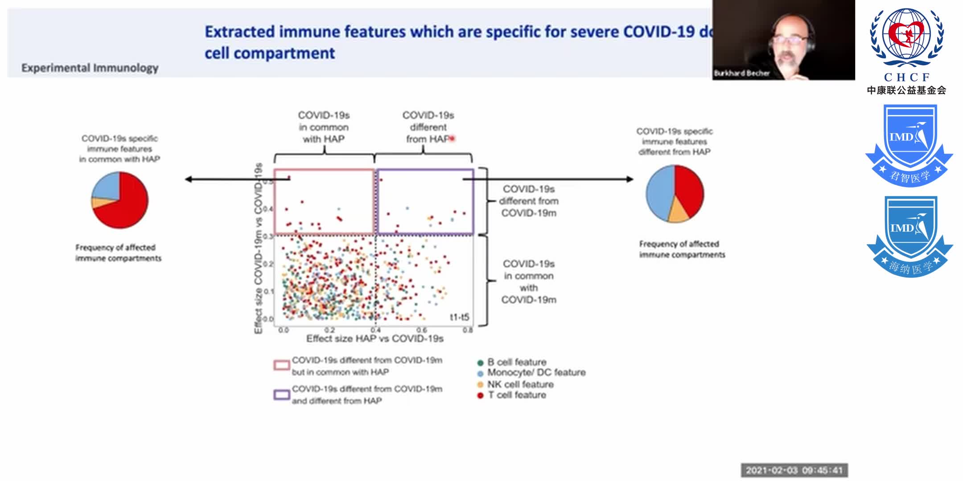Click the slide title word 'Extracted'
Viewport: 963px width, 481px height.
pyautogui.click(x=239, y=32)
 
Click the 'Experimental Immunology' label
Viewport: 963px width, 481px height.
pyautogui.click(x=90, y=68)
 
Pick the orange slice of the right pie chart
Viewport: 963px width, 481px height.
pyautogui.click(x=678, y=212)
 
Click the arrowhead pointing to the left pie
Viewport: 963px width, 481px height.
pyautogui.click(x=189, y=179)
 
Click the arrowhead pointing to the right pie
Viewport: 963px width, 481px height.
pyautogui.click(x=630, y=179)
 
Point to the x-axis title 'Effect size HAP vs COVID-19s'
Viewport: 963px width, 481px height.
pyautogui.click(x=374, y=339)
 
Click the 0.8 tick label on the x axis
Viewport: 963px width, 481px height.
pyautogui.click(x=467, y=330)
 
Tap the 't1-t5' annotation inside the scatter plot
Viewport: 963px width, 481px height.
pyautogui.click(x=459, y=317)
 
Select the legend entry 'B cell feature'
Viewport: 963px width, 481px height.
pyautogui.click(x=516, y=362)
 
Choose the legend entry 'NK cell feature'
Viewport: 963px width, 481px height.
pyautogui.click(x=520, y=384)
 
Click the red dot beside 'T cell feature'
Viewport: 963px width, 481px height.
pyautogui.click(x=480, y=395)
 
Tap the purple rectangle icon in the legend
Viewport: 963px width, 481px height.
pyautogui.click(x=281, y=395)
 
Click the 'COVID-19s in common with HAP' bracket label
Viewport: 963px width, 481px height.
pyautogui.click(x=324, y=127)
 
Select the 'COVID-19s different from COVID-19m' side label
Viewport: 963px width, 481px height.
pyautogui.click(x=528, y=201)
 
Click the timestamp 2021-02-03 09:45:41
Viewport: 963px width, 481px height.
pyautogui.click(x=794, y=470)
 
